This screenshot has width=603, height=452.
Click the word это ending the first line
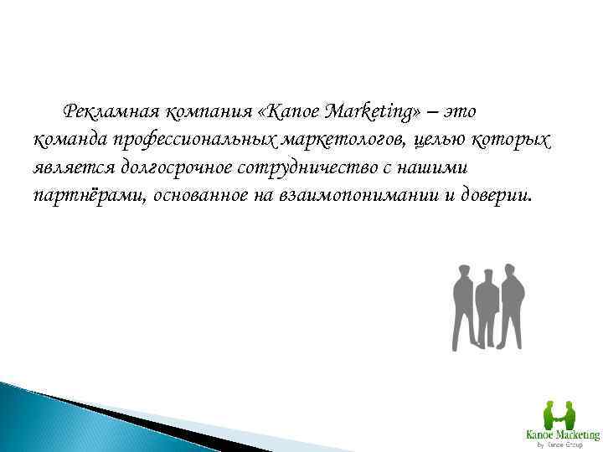click(x=462, y=111)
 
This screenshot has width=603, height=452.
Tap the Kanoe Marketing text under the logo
click(x=561, y=435)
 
